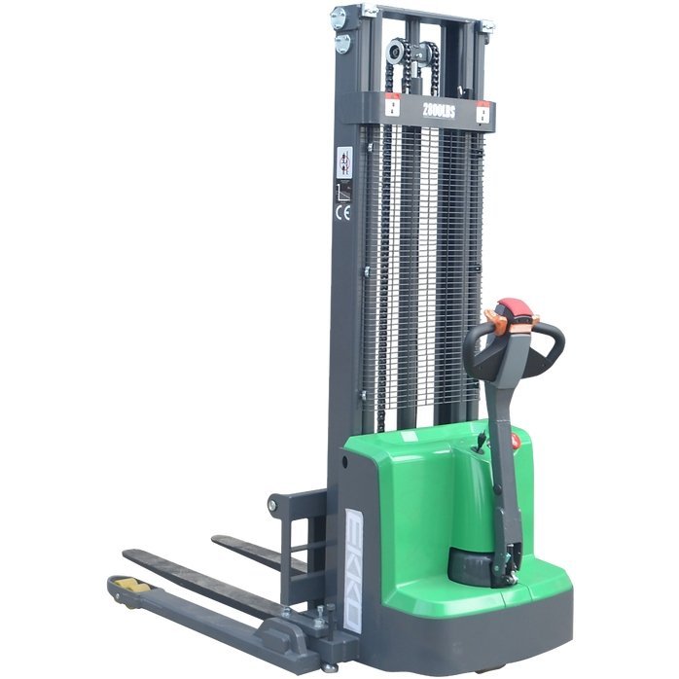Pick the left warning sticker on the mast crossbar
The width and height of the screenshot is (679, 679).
(x=392, y=107)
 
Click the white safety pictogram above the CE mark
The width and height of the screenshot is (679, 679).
(x=343, y=161)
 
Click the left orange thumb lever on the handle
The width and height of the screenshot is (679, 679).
(x=493, y=319)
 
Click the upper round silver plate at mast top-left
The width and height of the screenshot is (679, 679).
(x=339, y=17)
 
